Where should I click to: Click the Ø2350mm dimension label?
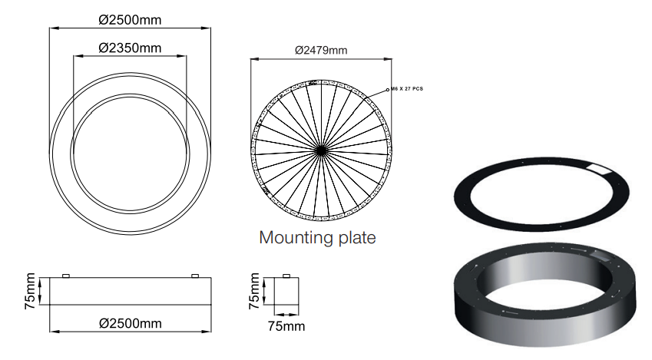(x=130, y=48)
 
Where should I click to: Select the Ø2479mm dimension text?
(x=321, y=51)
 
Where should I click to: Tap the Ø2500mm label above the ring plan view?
(x=130, y=19)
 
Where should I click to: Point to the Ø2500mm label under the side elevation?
(x=130, y=323)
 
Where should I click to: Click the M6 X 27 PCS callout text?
(x=407, y=89)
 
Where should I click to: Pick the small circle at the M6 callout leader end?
(x=388, y=89)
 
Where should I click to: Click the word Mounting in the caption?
(x=294, y=238)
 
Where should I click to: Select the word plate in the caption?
(x=355, y=238)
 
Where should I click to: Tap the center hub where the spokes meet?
(x=320, y=150)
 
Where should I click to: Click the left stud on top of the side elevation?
(x=66, y=276)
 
